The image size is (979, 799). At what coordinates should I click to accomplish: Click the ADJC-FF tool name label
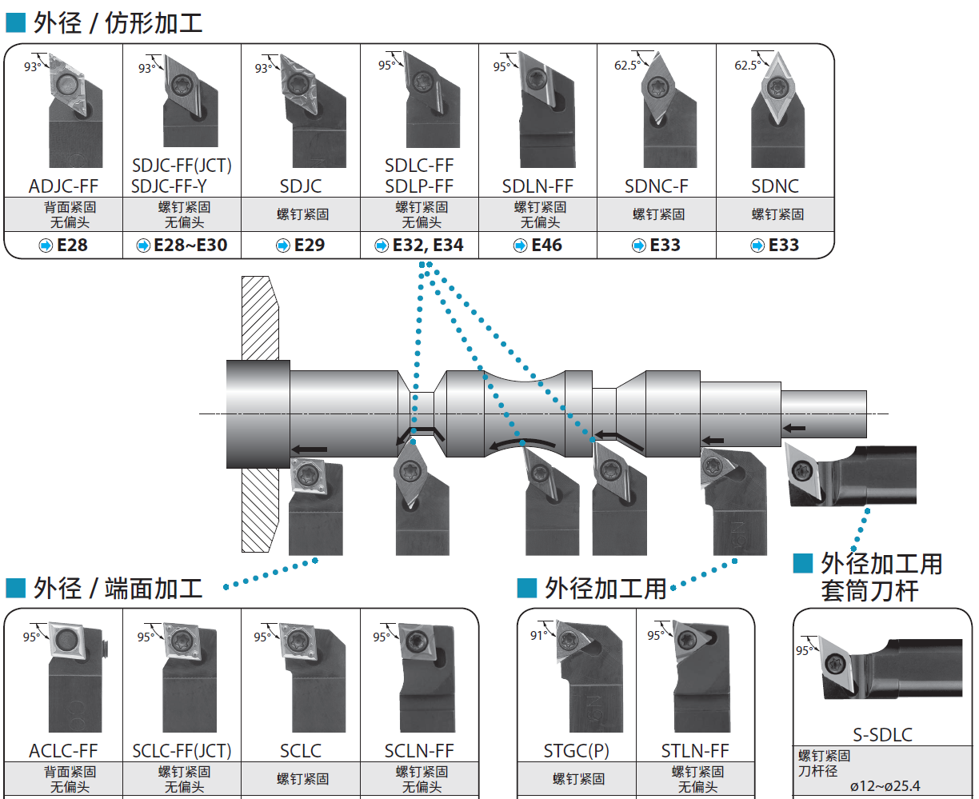(x=63, y=186)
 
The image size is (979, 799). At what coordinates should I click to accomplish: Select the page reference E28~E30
(x=190, y=246)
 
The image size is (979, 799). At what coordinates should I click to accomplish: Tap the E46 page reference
(x=547, y=246)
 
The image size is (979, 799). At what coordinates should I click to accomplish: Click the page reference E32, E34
(x=428, y=246)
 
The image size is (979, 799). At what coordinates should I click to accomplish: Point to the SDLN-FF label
(x=537, y=186)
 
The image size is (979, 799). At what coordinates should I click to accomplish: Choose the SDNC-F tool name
(x=656, y=186)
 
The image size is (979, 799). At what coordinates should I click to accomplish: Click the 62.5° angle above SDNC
(x=746, y=66)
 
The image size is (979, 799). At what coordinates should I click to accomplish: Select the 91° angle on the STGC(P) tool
(x=536, y=635)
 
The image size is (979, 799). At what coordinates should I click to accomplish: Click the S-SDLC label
(x=882, y=735)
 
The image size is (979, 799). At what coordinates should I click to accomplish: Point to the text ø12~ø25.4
(x=885, y=786)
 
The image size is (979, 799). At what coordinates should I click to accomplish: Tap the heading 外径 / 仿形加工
(x=118, y=23)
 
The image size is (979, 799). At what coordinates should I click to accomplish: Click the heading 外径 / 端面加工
(x=118, y=589)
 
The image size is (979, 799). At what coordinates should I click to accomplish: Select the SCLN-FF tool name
(x=419, y=751)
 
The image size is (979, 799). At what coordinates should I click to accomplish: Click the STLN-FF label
(x=695, y=751)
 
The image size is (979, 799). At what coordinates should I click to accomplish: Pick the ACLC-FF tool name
(x=63, y=751)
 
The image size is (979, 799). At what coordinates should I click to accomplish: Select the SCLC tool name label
(x=301, y=751)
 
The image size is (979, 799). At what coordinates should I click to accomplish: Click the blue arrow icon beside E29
(x=282, y=246)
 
